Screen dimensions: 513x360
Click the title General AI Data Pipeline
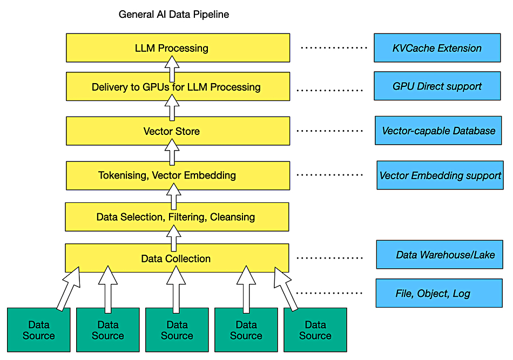tap(174, 15)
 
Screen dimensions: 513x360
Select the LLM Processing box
tap(178, 47)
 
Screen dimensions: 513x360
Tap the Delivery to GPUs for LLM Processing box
tap(178, 86)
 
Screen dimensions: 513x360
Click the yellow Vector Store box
tap(178, 131)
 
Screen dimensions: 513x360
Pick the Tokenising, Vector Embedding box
tap(178, 175)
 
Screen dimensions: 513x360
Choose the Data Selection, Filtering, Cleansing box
tap(177, 217)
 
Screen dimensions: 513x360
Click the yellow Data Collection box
tap(177, 258)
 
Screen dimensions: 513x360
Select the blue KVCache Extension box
tap(437, 47)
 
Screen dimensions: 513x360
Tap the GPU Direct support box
tap(437, 86)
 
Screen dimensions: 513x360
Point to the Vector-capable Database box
tap(438, 131)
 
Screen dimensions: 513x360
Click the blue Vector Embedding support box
tap(440, 175)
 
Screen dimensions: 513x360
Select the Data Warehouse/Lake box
tap(440, 254)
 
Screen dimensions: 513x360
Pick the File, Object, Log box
tap(439, 293)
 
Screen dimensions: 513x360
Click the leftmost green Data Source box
tap(38, 330)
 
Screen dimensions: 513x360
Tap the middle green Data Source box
tap(177, 330)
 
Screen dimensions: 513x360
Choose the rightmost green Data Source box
tap(315, 330)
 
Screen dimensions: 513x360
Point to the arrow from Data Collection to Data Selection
tap(174, 238)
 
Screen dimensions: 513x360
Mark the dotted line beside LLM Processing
tap(334, 47)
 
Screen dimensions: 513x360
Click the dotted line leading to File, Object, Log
tap(329, 293)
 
